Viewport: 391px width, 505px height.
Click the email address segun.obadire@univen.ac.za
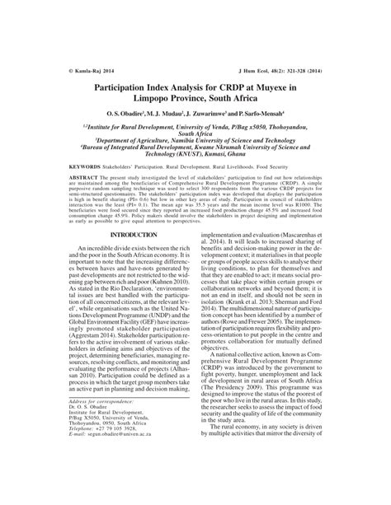click(x=111, y=486)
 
